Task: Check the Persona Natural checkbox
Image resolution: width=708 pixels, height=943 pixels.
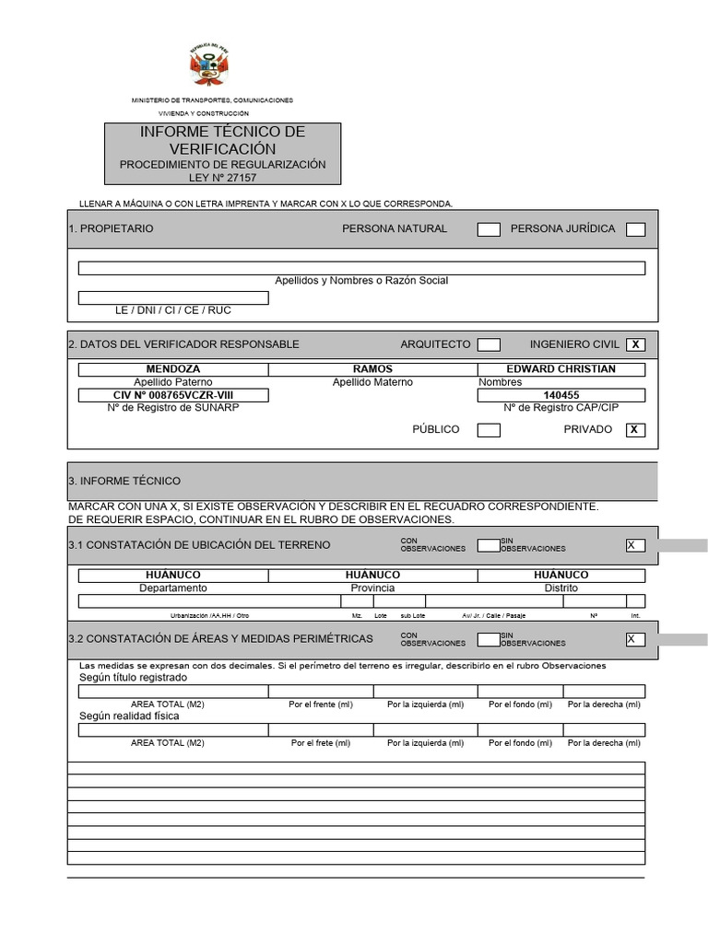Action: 489,229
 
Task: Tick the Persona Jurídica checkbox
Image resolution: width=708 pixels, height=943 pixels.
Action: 635,229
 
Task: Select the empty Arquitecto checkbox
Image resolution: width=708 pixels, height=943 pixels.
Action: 489,344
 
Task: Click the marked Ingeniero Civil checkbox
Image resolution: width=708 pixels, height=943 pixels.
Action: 635,344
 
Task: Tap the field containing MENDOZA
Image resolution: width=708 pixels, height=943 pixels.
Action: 173,369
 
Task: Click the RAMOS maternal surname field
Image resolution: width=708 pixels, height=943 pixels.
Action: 372,369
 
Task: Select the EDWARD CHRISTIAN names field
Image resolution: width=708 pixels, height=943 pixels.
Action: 560,369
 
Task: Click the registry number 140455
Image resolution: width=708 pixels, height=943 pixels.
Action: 560,395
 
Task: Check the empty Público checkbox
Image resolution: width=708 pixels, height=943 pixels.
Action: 489,430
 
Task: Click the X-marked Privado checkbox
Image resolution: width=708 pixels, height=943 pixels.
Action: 635,430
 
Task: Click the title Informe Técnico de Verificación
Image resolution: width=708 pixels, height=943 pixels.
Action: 222,140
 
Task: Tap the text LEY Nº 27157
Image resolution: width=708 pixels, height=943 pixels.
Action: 222,178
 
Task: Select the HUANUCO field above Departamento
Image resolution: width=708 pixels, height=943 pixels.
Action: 173,576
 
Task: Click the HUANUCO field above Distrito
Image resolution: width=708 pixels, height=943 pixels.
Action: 560,576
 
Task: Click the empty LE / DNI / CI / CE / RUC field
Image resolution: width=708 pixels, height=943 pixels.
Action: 173,297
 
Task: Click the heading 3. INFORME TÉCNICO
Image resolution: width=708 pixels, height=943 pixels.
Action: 124,481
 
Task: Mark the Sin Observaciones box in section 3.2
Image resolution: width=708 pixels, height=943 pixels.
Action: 635,639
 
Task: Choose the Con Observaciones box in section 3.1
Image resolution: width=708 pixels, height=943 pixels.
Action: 489,545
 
